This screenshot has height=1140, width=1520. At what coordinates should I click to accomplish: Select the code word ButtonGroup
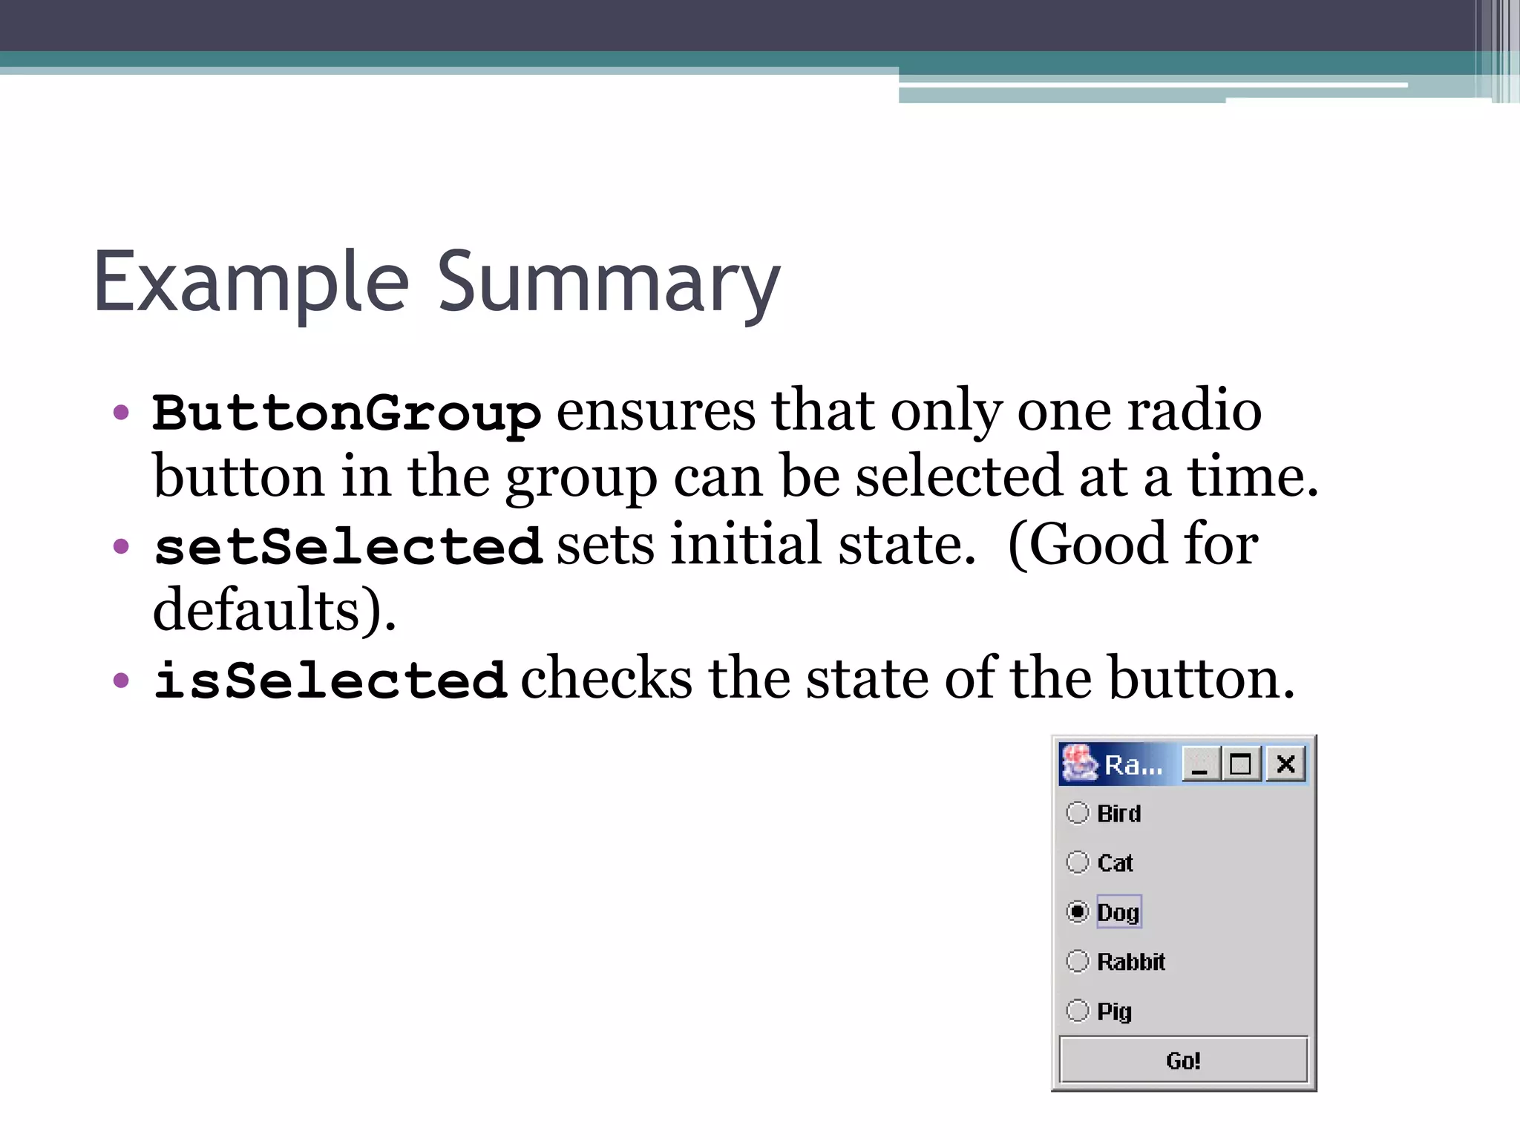point(347,413)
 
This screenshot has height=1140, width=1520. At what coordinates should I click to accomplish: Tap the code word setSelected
point(348,547)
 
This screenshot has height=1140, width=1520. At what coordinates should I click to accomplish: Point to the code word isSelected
point(330,681)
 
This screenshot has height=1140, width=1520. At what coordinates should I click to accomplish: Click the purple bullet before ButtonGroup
point(121,413)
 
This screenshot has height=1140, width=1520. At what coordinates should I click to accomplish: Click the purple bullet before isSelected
point(121,681)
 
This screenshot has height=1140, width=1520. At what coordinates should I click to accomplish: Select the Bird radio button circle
point(1078,813)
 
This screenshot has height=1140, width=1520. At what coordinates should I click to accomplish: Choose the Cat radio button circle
point(1078,862)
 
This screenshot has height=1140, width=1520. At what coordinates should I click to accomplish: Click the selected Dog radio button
point(1078,911)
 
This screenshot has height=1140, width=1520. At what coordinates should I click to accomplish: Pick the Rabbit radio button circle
point(1078,961)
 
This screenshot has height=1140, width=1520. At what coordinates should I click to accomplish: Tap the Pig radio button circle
point(1078,1010)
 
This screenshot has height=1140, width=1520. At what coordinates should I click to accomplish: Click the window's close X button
point(1286,764)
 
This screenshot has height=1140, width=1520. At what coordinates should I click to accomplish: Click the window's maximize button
point(1241,764)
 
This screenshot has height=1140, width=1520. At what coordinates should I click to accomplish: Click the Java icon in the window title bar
point(1079,764)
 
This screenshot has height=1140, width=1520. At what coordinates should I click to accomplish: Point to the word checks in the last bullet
point(606,679)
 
